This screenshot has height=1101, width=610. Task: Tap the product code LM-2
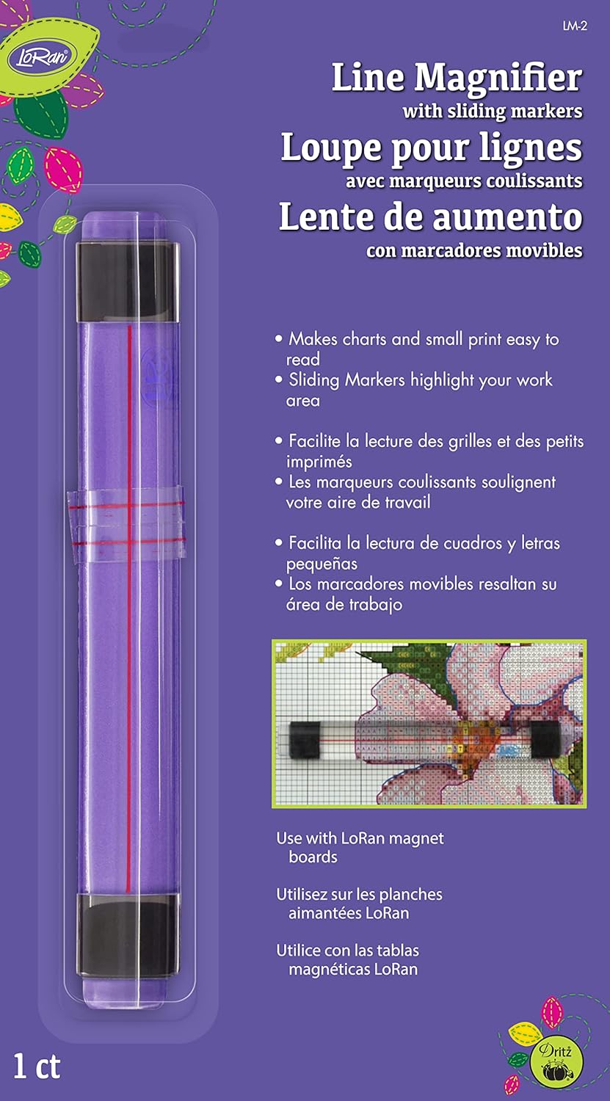(575, 26)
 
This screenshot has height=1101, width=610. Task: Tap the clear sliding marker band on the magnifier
(126, 524)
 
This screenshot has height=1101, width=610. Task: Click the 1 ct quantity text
(37, 1067)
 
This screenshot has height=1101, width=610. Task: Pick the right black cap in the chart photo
(545, 739)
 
